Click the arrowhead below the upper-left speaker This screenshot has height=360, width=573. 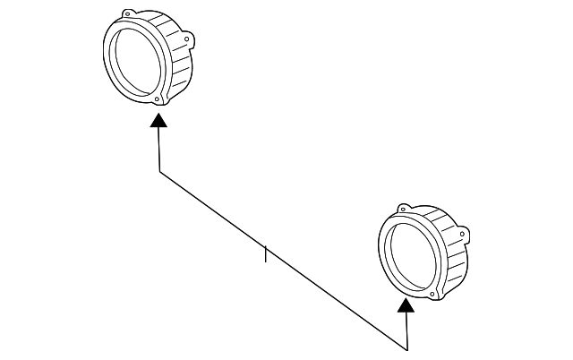158,121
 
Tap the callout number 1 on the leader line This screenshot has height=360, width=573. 266,256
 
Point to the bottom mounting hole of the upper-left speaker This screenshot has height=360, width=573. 158,99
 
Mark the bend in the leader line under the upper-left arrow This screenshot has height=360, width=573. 160,172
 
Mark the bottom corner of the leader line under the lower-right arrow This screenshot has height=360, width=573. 407,349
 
